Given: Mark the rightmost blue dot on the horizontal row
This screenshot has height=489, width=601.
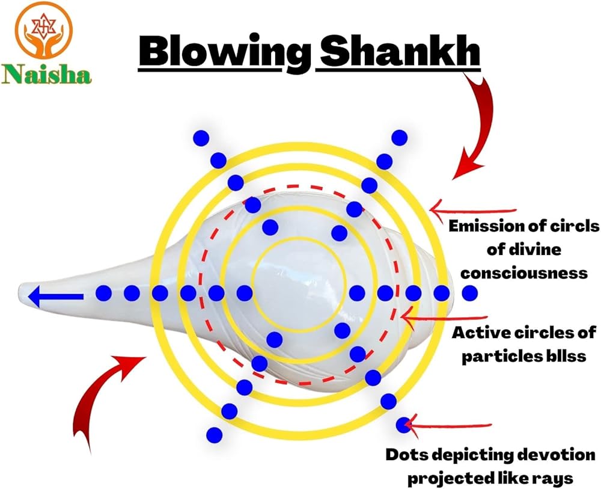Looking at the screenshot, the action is tap(470, 293).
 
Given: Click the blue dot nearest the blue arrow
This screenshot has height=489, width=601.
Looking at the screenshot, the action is tap(104, 294).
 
